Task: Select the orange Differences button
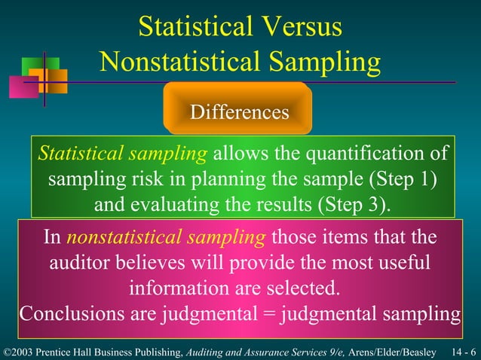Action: click(x=239, y=112)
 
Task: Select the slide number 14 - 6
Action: click(x=461, y=352)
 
